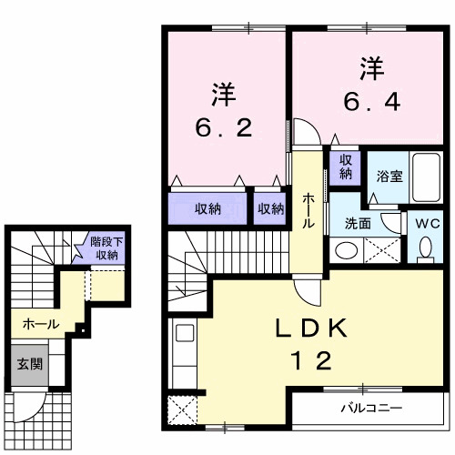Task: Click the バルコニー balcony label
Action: pos(371,406)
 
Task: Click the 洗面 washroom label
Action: pos(357,223)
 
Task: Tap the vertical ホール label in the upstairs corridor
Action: pos(309,211)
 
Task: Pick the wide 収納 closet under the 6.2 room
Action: pos(207,209)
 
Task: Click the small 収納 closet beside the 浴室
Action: pos(347,166)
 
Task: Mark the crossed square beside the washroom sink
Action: pos(378,249)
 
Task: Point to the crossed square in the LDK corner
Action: pos(183,410)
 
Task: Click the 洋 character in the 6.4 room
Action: pos(370,67)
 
